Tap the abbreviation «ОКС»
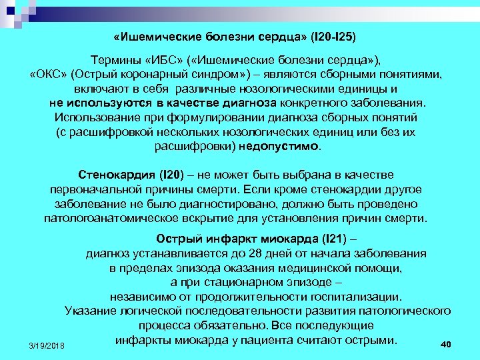(x=47, y=73)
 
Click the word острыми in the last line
(x=369, y=340)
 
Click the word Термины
(x=116, y=59)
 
